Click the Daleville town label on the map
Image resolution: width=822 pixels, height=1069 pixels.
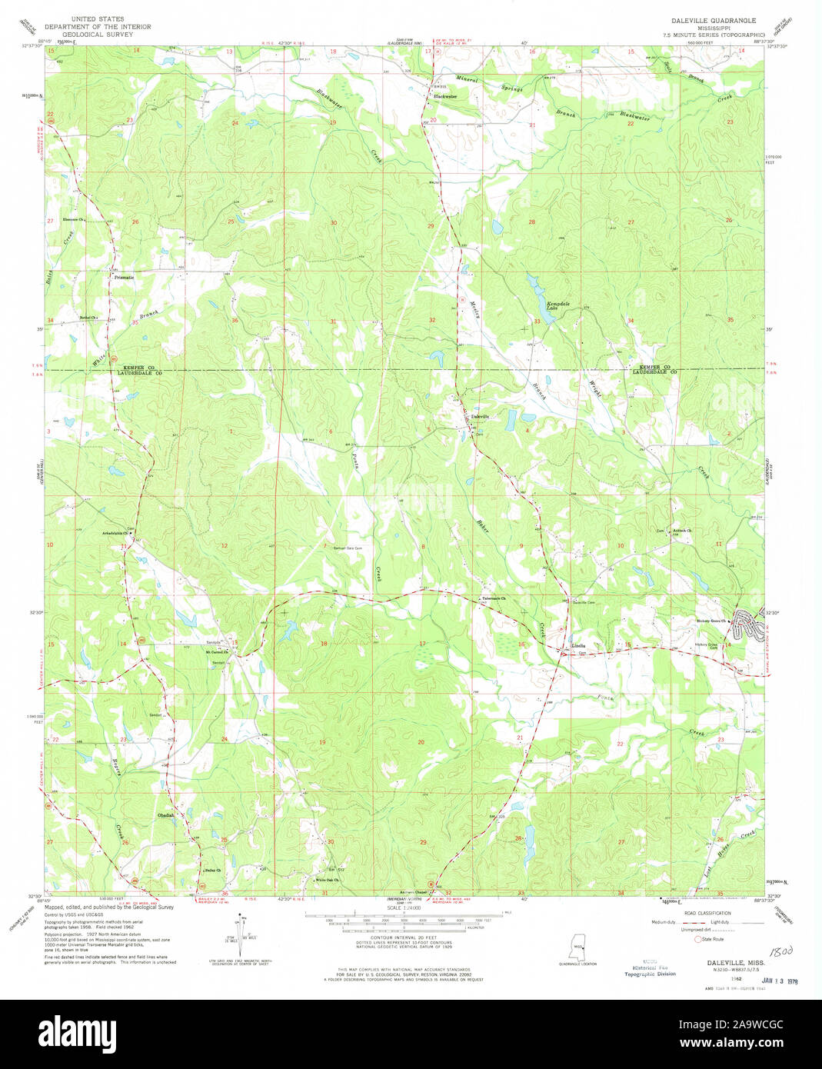tap(480, 416)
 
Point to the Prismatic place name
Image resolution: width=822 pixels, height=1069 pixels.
tap(124, 277)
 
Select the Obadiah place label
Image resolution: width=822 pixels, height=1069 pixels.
tap(166, 815)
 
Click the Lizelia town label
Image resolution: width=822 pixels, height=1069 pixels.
tap(578, 645)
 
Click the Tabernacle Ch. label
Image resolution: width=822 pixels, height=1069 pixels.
tap(494, 599)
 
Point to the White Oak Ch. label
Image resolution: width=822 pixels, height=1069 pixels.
tap(327, 880)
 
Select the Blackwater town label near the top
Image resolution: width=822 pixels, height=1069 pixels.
tap(444, 96)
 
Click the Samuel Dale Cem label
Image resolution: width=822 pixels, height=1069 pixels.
tap(347, 548)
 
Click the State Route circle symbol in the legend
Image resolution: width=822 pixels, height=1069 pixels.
tap(698, 939)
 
